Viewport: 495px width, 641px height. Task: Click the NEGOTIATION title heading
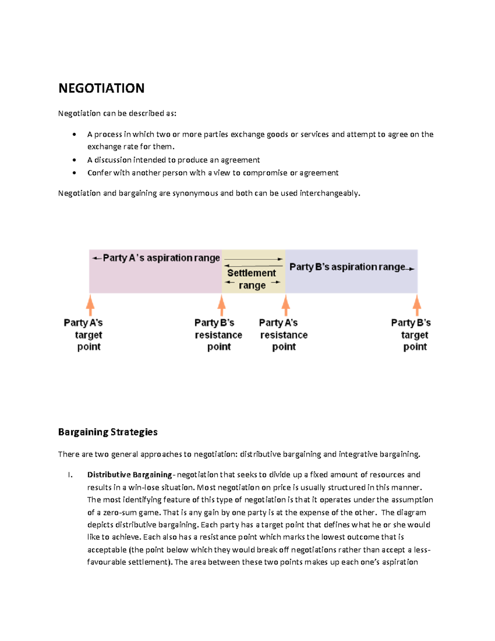(x=101, y=88)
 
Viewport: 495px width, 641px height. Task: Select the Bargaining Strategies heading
(x=108, y=432)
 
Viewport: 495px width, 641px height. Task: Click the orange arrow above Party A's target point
(x=90, y=306)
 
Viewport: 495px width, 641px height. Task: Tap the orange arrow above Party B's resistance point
(x=222, y=306)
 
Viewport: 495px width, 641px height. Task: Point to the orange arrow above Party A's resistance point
(x=285, y=306)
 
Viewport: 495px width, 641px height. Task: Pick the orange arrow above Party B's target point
(x=417, y=306)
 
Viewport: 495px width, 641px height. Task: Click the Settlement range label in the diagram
(x=252, y=279)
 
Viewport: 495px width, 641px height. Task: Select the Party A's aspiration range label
(x=161, y=258)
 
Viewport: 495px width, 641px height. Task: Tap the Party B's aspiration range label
(x=347, y=267)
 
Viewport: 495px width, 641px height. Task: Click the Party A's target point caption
(x=84, y=335)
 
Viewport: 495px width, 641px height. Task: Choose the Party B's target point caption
(x=411, y=335)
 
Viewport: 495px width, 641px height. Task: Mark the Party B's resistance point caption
(x=218, y=335)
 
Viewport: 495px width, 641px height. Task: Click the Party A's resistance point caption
(x=283, y=335)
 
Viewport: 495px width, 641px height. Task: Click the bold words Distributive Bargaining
(x=130, y=475)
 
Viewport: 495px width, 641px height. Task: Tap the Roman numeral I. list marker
(x=70, y=475)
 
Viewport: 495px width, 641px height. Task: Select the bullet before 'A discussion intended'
(x=74, y=160)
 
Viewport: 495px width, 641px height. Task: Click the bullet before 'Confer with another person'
(x=74, y=173)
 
